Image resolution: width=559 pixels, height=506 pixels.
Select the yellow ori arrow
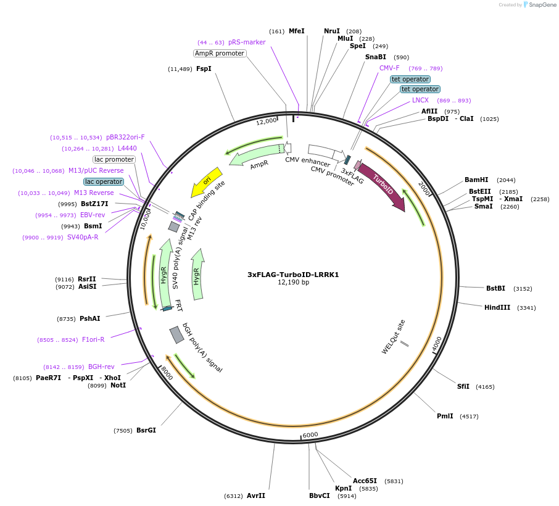[207, 181]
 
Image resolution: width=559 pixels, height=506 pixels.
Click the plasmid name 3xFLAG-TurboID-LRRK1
[293, 275]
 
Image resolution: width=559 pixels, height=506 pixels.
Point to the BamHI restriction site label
[476, 180]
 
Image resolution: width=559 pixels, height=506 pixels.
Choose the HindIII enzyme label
[497, 307]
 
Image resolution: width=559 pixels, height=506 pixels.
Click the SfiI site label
[463, 386]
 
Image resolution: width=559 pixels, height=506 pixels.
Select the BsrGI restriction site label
[146, 430]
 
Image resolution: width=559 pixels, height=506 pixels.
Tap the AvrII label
[256, 496]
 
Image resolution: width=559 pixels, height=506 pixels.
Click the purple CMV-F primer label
[389, 68]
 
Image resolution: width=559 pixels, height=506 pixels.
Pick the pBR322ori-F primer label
[125, 137]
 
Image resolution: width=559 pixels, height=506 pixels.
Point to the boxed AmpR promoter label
[220, 53]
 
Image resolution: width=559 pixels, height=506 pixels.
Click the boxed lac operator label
[104, 181]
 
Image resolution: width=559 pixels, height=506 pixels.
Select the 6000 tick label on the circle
[310, 434]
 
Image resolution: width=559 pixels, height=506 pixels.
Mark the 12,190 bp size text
[294, 283]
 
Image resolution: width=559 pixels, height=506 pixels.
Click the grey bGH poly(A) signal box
[176, 335]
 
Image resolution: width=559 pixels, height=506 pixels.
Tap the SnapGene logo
[539, 5]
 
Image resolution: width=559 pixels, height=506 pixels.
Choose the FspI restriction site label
[204, 68]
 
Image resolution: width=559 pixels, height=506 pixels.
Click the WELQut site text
[393, 337]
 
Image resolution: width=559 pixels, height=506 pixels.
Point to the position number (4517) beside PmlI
[469, 417]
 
